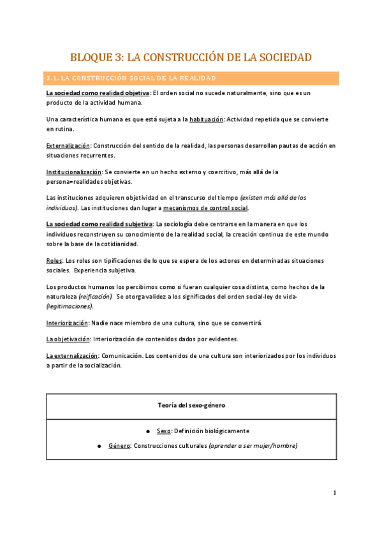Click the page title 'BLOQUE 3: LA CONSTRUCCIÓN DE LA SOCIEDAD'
(x=191, y=57)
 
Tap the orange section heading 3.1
(x=131, y=78)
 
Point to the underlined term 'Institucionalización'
(x=74, y=172)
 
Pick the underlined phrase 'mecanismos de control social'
(x=205, y=208)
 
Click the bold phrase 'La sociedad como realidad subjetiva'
(x=99, y=224)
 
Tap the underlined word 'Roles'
(x=54, y=261)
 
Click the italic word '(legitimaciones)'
(x=70, y=306)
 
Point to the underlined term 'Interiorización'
(x=67, y=323)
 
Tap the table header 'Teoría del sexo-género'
(x=191, y=406)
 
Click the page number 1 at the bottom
(x=335, y=493)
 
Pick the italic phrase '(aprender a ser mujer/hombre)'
(x=253, y=445)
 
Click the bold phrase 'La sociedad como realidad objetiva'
(x=98, y=93)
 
